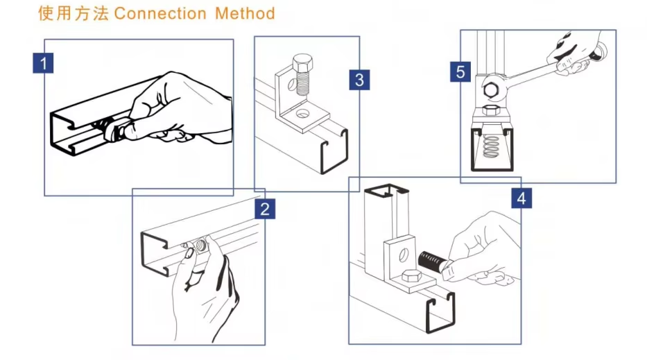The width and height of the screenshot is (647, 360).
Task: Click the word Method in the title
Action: [245, 13]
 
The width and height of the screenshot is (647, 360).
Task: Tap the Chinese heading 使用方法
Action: [74, 13]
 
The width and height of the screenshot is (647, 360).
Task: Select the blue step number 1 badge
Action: [44, 64]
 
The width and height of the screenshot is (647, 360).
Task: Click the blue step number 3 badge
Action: [359, 79]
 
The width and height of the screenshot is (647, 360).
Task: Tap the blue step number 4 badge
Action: [522, 198]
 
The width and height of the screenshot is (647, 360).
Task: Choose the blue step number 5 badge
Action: [461, 71]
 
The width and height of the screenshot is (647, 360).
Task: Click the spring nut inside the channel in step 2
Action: [202, 244]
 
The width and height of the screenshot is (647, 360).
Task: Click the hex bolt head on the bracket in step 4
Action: [410, 277]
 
